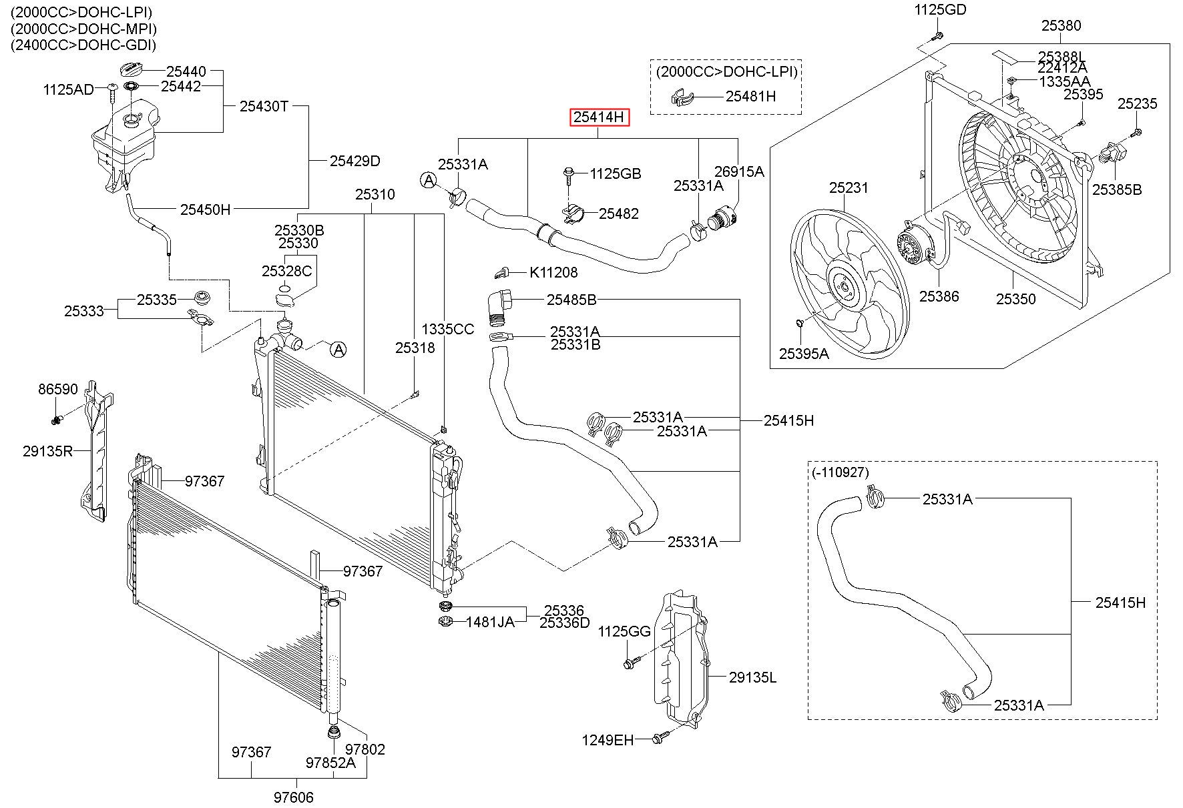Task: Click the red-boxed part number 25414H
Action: tap(599, 117)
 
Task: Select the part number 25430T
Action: tap(264, 105)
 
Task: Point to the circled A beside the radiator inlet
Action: tap(338, 349)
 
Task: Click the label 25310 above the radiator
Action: tap(375, 194)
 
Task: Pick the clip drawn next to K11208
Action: tap(503, 272)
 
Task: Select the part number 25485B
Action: tap(571, 300)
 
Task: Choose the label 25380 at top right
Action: tap(1061, 25)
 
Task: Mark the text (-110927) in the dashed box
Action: tap(841, 472)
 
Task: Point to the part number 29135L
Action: tap(753, 677)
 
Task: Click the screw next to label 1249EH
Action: tap(658, 738)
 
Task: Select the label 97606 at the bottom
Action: tap(293, 797)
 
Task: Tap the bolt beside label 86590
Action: tap(57, 419)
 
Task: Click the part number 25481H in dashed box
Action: tap(751, 96)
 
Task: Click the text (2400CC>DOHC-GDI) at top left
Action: tap(83, 45)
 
